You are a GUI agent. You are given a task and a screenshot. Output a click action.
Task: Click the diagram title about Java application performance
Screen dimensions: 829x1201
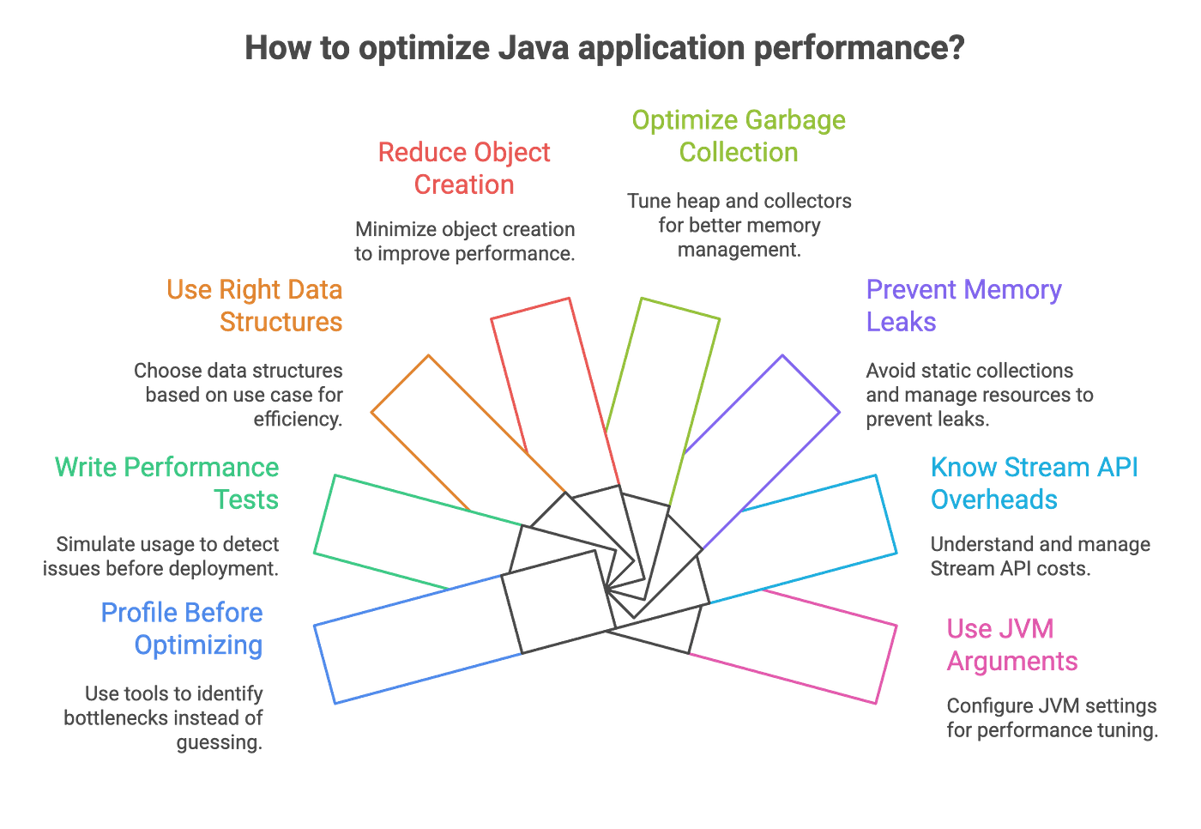(x=604, y=47)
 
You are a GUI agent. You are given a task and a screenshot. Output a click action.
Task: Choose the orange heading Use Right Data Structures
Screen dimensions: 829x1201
(x=256, y=306)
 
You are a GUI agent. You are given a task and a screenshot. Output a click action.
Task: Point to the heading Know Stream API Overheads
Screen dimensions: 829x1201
(x=1035, y=483)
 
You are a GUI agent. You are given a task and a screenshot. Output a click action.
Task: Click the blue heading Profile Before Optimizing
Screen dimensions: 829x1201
(x=182, y=629)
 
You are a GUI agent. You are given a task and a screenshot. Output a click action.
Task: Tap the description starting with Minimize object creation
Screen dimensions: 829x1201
(x=464, y=241)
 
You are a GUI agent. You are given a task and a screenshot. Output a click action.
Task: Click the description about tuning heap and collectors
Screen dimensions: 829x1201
(x=739, y=225)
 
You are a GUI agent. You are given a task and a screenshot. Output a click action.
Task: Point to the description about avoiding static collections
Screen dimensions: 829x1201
(x=979, y=395)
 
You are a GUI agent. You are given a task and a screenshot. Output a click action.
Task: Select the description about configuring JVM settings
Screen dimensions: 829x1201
(x=1052, y=718)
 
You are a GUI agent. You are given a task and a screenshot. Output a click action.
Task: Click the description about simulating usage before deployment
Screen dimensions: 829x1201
(x=160, y=556)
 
